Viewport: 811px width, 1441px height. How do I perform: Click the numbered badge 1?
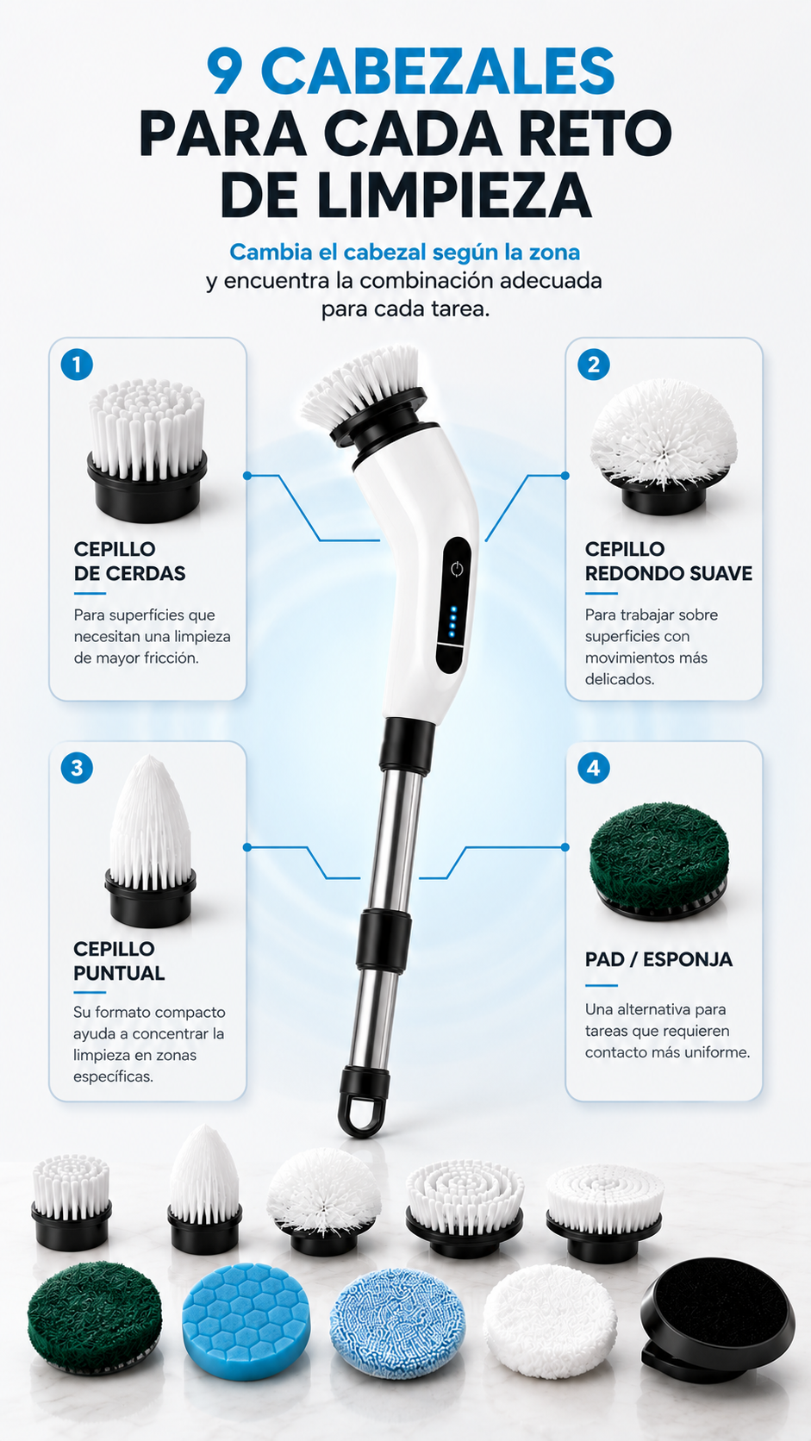pos(77,365)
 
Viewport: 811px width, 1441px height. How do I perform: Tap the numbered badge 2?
pos(594,365)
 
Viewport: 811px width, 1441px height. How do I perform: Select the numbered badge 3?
pos(77,768)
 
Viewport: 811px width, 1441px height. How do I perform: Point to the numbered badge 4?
pos(594,768)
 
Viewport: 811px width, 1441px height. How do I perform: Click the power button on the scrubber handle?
pos(457,569)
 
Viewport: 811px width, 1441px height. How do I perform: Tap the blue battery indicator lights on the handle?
pos(452,621)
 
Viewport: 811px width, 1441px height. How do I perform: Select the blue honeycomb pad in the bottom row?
pos(246,1320)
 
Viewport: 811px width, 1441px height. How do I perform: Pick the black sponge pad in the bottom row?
pos(718,1318)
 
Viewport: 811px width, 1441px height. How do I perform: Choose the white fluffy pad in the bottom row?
pos(550,1320)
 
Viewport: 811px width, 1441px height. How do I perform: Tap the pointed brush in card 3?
pos(151,840)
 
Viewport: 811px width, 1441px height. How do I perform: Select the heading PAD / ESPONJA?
pos(658,959)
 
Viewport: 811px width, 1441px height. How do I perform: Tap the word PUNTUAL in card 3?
pos(119,973)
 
